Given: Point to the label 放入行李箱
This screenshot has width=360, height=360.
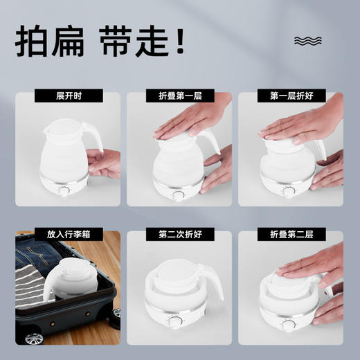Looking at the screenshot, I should [x=68, y=235].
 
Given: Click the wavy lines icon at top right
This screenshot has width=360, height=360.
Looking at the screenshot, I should [x=308, y=40].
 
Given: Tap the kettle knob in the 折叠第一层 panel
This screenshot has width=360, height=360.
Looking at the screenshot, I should [x=179, y=195].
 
